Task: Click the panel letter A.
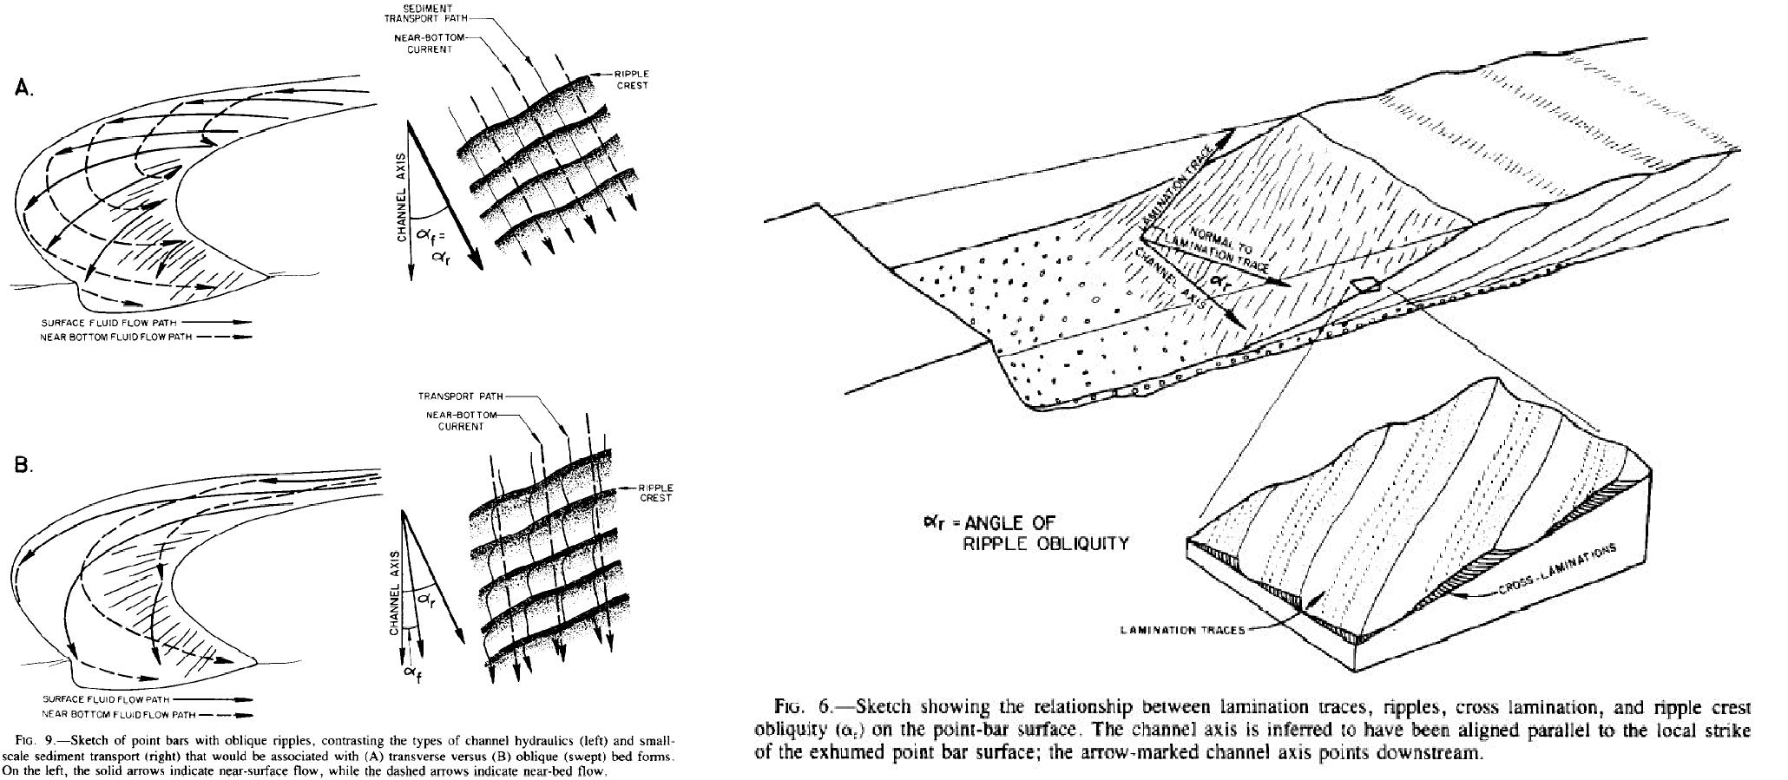[x=24, y=89]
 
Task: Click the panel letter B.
[x=24, y=465]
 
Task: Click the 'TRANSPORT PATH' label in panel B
[x=460, y=397]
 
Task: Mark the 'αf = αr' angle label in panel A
[x=440, y=242]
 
